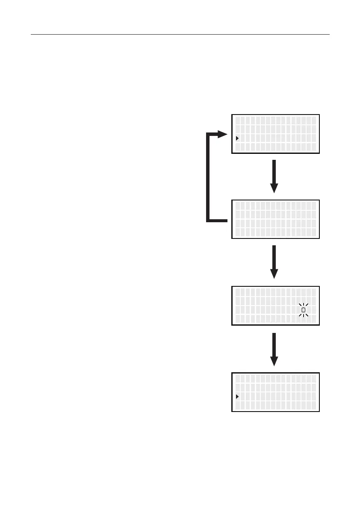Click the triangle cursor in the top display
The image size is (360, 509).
point(237,138)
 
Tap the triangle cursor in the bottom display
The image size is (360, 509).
point(237,397)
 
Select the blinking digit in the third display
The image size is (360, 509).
point(303,309)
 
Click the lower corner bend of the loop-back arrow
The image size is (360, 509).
point(208,221)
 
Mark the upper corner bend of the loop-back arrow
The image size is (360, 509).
point(208,135)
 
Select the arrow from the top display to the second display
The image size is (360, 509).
point(274,177)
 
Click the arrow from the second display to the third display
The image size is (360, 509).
point(274,262)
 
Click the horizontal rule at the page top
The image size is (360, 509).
point(180,34)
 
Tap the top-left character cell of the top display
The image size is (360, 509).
point(238,120)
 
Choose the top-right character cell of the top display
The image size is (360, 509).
point(313,120)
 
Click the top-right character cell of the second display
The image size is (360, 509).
point(313,206)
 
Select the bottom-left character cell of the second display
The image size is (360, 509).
point(238,232)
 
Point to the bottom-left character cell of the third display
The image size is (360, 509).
point(238,319)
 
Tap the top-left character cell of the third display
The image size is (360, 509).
point(238,292)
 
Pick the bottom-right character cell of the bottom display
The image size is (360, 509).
point(313,405)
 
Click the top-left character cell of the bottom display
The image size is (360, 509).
point(238,379)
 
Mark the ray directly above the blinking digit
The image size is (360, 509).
point(303,303)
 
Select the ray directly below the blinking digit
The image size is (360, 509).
point(303,317)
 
